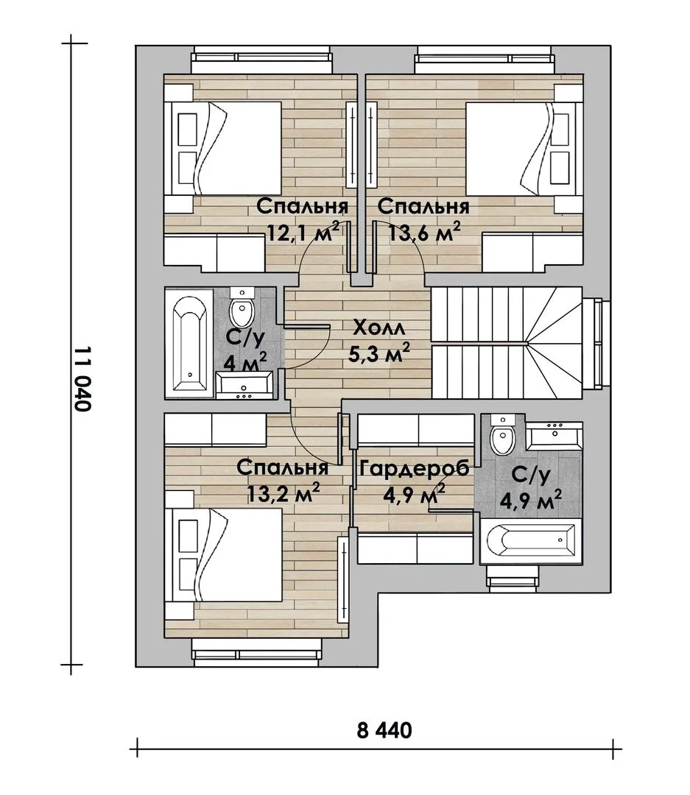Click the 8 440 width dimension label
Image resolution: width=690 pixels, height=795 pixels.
pyautogui.click(x=384, y=731)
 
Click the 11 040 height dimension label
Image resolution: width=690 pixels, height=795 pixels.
pyautogui.click(x=82, y=380)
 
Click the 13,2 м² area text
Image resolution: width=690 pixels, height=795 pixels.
pyautogui.click(x=283, y=492)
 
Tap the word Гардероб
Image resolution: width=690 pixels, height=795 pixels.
pyautogui.click(x=414, y=468)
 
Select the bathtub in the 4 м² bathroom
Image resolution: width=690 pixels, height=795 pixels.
pyautogui.click(x=189, y=344)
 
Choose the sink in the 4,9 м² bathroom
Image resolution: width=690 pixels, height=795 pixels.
pyautogui.click(x=554, y=436)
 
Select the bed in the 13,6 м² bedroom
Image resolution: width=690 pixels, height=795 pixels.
pyautogui.click(x=524, y=148)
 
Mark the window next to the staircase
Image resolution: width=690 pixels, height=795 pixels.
pyautogui.click(x=596, y=344)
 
